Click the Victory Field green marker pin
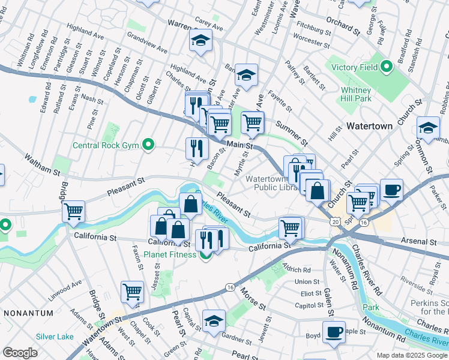[x=387, y=66]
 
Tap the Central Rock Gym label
[x=106, y=145]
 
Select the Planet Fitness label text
[x=169, y=254]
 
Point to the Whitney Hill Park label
[x=356, y=94]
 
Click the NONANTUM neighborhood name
[x=28, y=313]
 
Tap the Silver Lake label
[x=54, y=337]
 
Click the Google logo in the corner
[x=20, y=353]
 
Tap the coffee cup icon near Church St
[x=391, y=190]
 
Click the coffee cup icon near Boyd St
[x=334, y=331]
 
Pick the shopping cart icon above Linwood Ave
[x=132, y=292]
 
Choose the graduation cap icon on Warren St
[x=201, y=41]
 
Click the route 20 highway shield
[x=334, y=221]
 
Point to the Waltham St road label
[x=41, y=164]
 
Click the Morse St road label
[x=253, y=298]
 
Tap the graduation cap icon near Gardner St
[x=214, y=320]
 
